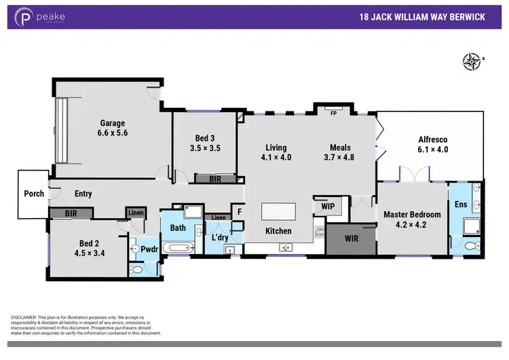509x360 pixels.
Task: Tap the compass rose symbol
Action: pos(470,62)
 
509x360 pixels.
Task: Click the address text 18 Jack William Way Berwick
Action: pos(421,17)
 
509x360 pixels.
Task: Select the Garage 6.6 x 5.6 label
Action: pos(113,128)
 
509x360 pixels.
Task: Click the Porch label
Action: pos(34,194)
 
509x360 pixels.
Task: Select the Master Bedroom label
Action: pos(412,219)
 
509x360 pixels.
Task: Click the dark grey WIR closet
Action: pos(351,238)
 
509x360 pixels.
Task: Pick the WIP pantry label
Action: pos(328,206)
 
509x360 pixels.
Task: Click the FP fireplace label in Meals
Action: pos(333,113)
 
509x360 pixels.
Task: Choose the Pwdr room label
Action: pos(149,249)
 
